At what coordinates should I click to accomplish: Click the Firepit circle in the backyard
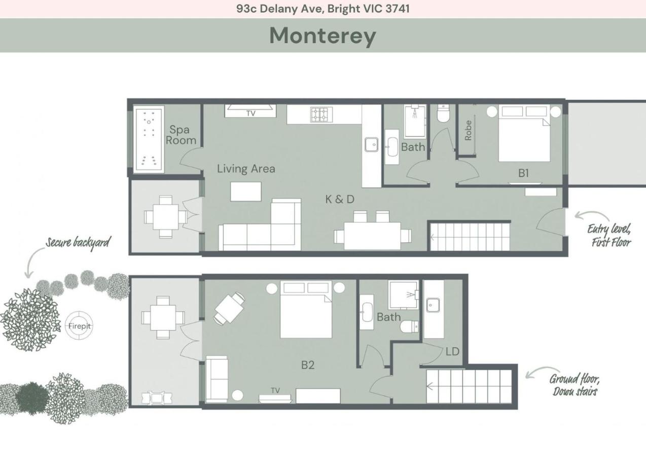(80, 326)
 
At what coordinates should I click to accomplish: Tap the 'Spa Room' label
(180, 135)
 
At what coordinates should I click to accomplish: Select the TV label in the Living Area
(251, 113)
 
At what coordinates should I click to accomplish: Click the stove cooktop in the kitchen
(320, 115)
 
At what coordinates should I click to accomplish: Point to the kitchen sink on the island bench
(372, 144)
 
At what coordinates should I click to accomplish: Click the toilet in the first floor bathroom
(444, 115)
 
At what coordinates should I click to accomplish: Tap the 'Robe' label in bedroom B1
(468, 130)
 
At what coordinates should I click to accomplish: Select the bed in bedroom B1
(524, 134)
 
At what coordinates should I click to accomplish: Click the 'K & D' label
(340, 199)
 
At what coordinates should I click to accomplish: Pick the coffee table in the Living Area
(246, 191)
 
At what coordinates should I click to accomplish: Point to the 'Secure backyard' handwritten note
(78, 242)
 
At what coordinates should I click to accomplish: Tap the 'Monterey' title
(322, 35)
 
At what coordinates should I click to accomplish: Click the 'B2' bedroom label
(308, 365)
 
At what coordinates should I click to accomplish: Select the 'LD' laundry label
(452, 351)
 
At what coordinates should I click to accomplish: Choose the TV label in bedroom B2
(275, 391)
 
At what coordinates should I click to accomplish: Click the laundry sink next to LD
(433, 306)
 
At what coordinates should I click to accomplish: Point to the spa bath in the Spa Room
(149, 139)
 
